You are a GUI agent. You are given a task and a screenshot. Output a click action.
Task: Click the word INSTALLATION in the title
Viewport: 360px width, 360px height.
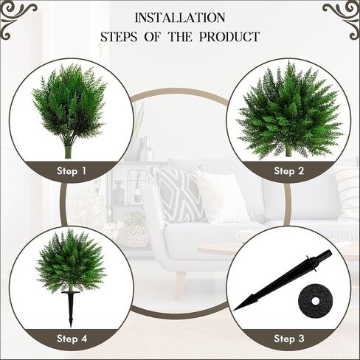[180, 18]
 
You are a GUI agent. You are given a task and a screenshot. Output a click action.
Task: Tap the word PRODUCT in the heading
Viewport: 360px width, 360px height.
[229, 37]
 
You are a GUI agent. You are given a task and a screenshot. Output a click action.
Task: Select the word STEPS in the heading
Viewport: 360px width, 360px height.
[119, 37]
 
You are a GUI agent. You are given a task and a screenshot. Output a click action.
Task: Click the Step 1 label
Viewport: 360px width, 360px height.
[72, 171]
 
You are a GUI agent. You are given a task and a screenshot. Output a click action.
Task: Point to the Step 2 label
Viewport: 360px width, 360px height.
[289, 171]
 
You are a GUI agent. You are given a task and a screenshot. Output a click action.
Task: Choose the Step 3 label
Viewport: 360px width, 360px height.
[289, 339]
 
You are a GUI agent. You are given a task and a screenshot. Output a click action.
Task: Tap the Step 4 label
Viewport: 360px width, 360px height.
[72, 339]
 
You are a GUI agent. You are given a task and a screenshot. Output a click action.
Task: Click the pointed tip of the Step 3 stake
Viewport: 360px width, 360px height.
[234, 310]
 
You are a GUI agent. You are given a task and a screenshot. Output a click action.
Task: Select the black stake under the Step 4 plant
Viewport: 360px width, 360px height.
[71, 308]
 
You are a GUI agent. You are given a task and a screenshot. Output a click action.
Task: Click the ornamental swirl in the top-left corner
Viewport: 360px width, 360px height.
[17, 20]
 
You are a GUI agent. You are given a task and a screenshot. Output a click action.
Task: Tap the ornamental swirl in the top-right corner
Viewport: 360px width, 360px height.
[342, 20]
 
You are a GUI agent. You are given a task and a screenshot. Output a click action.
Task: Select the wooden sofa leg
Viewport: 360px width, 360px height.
[181, 282]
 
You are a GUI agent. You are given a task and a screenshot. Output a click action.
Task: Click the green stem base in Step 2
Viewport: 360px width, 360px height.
[288, 150]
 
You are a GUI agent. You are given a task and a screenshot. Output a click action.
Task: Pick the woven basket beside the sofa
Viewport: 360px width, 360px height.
[135, 234]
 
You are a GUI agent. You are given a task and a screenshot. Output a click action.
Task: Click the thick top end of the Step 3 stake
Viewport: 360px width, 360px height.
[329, 253]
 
